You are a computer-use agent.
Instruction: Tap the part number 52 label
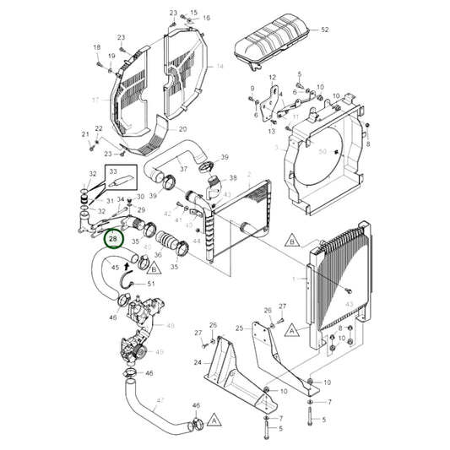pyautogui.click(x=325, y=30)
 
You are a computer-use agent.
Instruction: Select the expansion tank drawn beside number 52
pyautogui.click(x=272, y=38)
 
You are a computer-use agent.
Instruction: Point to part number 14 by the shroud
pyautogui.click(x=220, y=65)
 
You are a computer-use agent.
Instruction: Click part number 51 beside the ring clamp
pyautogui.click(x=152, y=284)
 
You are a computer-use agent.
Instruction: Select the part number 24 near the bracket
pyautogui.click(x=198, y=364)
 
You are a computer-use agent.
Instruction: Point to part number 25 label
pyautogui.click(x=239, y=328)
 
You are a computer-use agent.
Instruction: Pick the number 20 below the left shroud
pyautogui.click(x=182, y=129)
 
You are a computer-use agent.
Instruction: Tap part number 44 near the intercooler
pyautogui.click(x=197, y=241)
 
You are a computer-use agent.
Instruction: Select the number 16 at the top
pyautogui.click(x=206, y=18)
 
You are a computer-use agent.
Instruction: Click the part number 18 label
pyautogui.click(x=96, y=47)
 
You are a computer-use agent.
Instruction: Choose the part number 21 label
pyautogui.click(x=85, y=135)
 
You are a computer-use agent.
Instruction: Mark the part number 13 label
pyautogui.click(x=272, y=131)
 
